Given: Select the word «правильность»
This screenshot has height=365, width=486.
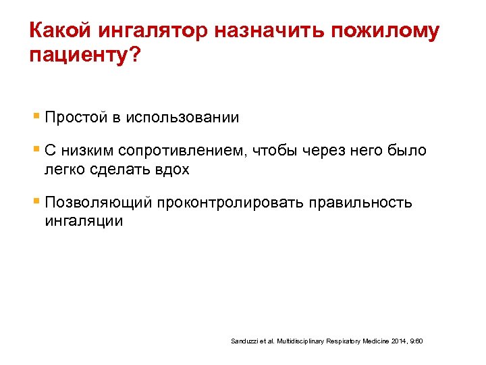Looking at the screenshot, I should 358,203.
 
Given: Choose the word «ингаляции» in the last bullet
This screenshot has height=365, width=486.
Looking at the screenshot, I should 84,221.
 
